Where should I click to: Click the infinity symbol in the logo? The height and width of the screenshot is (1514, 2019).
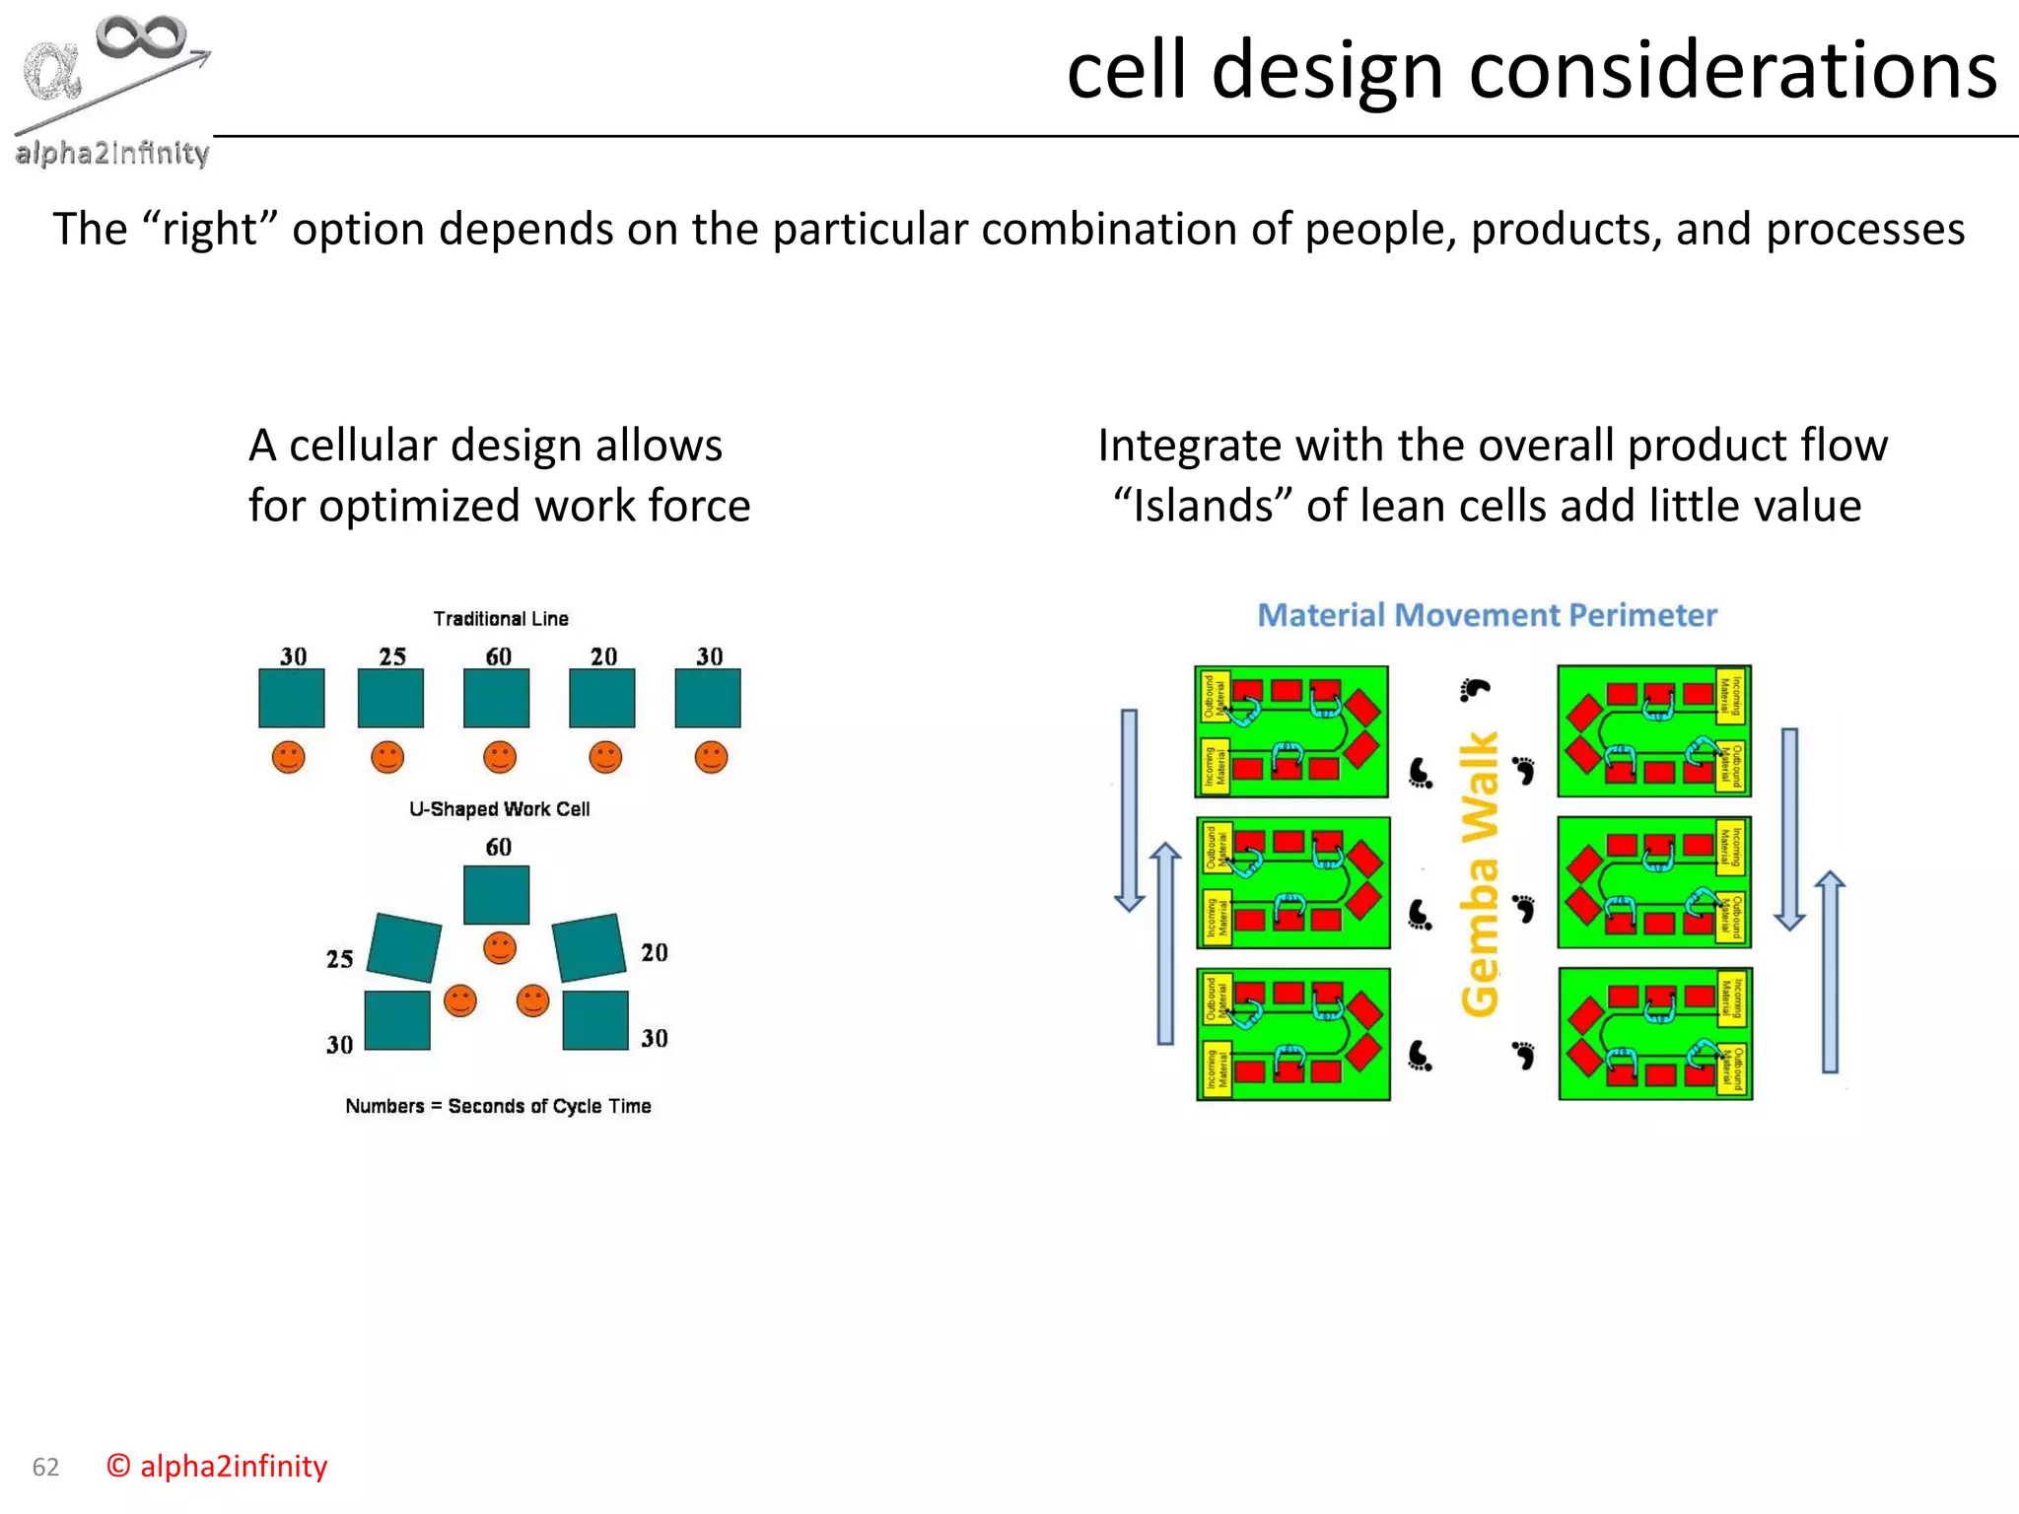141,37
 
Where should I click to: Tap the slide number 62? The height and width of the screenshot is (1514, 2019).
45,1467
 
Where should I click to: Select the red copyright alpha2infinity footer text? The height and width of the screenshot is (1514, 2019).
217,1466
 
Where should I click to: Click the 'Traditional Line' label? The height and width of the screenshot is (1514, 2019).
501,619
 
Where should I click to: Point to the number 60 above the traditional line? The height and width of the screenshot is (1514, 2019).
499,656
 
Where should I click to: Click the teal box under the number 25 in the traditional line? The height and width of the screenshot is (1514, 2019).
390,698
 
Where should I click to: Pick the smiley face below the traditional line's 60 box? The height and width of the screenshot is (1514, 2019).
500,757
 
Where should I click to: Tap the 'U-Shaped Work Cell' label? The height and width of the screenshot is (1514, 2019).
499,809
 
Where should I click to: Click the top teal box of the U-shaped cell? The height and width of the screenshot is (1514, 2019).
496,894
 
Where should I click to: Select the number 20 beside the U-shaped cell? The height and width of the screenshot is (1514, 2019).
655,952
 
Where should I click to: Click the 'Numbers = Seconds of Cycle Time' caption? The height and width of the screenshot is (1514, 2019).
498,1106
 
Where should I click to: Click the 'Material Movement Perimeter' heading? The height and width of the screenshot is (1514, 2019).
1487,615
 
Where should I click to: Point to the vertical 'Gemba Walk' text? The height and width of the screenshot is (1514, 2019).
1479,873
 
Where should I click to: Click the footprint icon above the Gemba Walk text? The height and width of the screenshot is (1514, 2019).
1474,689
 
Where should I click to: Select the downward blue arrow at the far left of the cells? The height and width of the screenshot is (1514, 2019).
1129,808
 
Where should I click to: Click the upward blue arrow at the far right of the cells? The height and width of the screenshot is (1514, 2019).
1830,971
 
